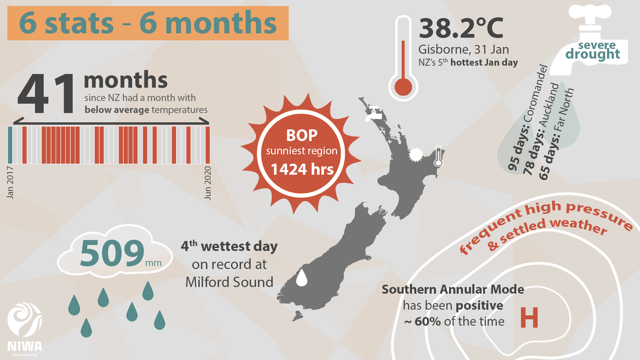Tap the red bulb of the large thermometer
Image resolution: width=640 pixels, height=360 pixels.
403,87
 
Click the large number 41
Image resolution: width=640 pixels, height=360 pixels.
46,94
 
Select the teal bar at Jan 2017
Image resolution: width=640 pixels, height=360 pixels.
10,145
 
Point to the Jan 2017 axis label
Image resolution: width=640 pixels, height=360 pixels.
10,182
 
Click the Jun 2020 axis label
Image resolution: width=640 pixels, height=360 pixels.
207,183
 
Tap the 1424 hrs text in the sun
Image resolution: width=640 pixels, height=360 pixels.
302,169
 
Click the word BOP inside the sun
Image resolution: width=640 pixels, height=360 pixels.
302,135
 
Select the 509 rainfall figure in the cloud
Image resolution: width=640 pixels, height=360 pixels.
112,253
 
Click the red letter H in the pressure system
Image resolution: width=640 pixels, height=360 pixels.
529,317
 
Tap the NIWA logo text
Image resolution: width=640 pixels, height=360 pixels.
25,346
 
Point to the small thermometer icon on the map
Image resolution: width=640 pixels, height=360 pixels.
438,156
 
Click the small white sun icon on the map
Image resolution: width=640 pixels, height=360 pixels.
416,155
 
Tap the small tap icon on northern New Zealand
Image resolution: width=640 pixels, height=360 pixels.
374,113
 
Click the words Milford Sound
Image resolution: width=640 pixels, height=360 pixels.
229,282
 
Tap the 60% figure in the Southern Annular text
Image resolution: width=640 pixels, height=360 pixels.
428,322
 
